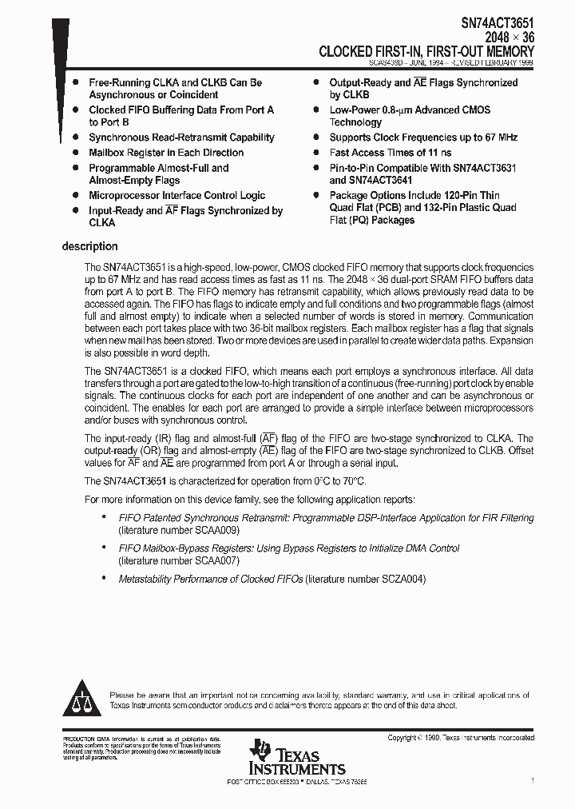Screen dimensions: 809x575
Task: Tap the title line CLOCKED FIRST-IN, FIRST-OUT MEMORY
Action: click(x=426, y=51)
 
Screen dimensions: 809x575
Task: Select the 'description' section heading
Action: click(x=89, y=246)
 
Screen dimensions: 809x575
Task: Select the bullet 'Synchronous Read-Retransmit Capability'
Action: click(x=181, y=137)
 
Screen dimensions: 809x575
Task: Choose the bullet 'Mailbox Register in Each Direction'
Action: click(x=166, y=153)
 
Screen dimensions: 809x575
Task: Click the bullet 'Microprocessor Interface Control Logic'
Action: click(x=176, y=196)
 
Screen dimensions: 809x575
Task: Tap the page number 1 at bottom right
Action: click(x=532, y=779)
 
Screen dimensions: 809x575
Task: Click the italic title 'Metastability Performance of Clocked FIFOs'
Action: click(x=211, y=579)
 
